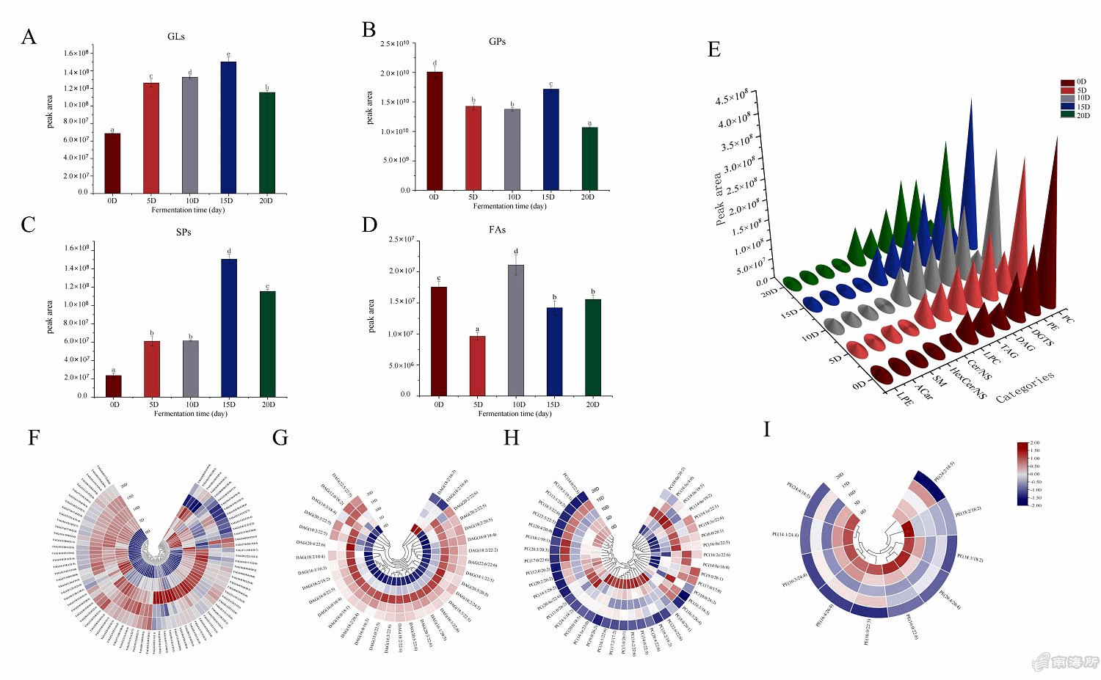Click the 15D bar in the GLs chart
coord(228,127)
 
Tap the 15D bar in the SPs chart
coord(229,327)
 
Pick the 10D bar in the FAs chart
coord(516,329)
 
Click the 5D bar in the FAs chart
coord(477,365)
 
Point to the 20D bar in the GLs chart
coord(267,142)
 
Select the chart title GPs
coord(497,42)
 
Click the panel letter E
coord(713,50)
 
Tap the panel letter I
coord(767,429)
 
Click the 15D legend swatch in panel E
coord(1067,106)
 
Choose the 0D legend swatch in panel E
coord(1067,82)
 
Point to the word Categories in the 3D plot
coord(1025,387)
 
